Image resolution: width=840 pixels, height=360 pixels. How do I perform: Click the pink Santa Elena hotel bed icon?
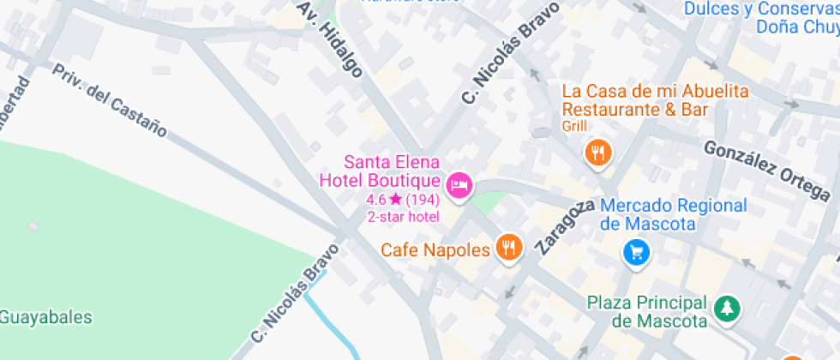pyautogui.click(x=460, y=184)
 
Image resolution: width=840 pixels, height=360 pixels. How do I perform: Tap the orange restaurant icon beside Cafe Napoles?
pyautogui.click(x=509, y=249)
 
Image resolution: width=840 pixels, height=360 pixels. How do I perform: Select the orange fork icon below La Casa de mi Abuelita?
pyautogui.click(x=597, y=153)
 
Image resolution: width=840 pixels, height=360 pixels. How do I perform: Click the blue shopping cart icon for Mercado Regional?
pyautogui.click(x=637, y=252)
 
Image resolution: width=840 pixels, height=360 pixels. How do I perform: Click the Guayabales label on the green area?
pyautogui.click(x=45, y=317)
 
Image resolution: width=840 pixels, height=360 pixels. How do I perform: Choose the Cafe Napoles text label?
pyautogui.click(x=435, y=249)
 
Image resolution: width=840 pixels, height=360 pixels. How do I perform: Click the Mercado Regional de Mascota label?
pyautogui.click(x=673, y=215)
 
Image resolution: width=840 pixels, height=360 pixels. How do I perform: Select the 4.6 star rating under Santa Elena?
pyautogui.click(x=403, y=200)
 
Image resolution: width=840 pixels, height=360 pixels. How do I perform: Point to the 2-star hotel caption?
pyautogui.click(x=404, y=217)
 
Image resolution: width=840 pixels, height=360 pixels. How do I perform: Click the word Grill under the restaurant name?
pyautogui.click(x=574, y=127)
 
